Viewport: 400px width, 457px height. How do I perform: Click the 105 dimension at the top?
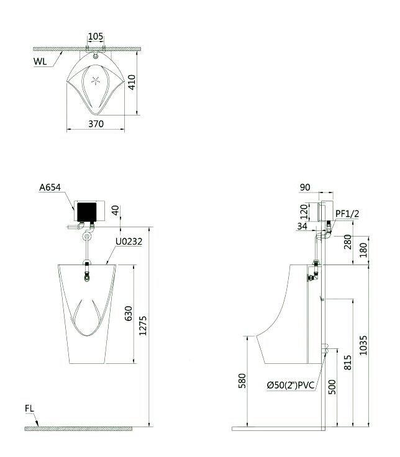pos(96,37)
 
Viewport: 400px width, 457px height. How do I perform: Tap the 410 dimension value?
pos(131,83)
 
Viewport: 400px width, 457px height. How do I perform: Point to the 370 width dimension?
pos(95,124)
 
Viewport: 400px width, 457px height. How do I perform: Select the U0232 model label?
pos(129,242)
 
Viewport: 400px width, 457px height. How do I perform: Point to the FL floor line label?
pos(30,409)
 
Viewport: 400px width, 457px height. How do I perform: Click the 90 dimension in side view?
pos(304,186)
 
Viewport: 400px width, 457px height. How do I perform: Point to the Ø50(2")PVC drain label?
pos(291,386)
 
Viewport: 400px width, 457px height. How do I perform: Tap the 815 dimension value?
pos(347,363)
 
